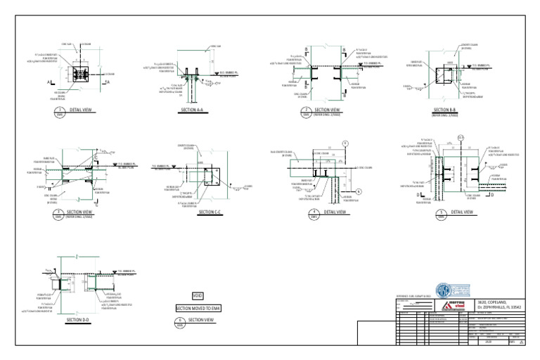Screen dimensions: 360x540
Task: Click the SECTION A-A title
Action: point(193,111)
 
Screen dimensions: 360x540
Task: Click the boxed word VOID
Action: point(198,297)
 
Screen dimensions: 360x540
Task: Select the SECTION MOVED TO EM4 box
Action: point(198,308)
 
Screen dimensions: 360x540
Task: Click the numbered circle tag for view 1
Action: point(60,111)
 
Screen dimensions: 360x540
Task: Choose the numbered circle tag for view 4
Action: point(314,212)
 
